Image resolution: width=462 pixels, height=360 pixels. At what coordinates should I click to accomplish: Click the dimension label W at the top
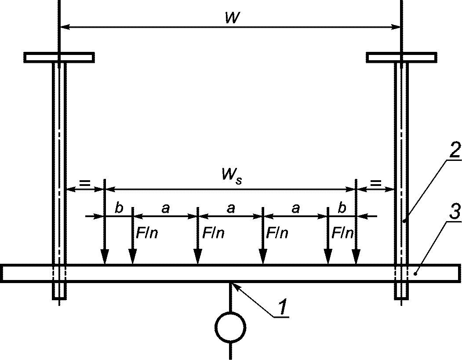pyautogui.click(x=232, y=18)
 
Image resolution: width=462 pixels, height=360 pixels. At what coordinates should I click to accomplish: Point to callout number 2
pyautogui.click(x=453, y=150)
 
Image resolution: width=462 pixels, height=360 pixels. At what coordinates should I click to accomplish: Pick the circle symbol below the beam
pyautogui.click(x=230, y=327)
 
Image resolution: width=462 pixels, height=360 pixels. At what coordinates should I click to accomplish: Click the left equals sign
pyautogui.click(x=84, y=184)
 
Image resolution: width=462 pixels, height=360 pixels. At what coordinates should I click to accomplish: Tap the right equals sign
pyautogui.click(x=375, y=184)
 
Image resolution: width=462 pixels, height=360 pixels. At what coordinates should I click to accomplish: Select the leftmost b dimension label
pyautogui.click(x=119, y=208)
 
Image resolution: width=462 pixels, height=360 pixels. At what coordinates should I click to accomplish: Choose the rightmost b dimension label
pyautogui.click(x=342, y=208)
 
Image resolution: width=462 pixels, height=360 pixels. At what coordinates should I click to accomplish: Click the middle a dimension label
pyautogui.click(x=231, y=209)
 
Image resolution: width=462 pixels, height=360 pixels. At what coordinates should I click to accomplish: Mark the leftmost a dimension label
pyautogui.click(x=166, y=209)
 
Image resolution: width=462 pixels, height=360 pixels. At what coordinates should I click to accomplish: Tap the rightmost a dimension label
pyautogui.click(x=295, y=209)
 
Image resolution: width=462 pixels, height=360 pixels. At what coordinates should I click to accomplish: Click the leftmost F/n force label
pyautogui.click(x=146, y=233)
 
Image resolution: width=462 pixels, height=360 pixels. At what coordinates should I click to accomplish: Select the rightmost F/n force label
pyautogui.click(x=343, y=233)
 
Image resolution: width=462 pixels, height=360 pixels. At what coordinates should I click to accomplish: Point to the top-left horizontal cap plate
pyautogui.click(x=59, y=58)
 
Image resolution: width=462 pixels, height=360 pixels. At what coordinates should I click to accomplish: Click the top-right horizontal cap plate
pyautogui.click(x=401, y=58)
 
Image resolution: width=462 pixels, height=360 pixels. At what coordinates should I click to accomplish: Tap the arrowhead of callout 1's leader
pyautogui.click(x=235, y=285)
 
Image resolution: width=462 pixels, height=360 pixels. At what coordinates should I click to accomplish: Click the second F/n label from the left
pyautogui.click(x=213, y=233)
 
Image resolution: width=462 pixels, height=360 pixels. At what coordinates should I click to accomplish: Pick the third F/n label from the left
pyautogui.click(x=277, y=233)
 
